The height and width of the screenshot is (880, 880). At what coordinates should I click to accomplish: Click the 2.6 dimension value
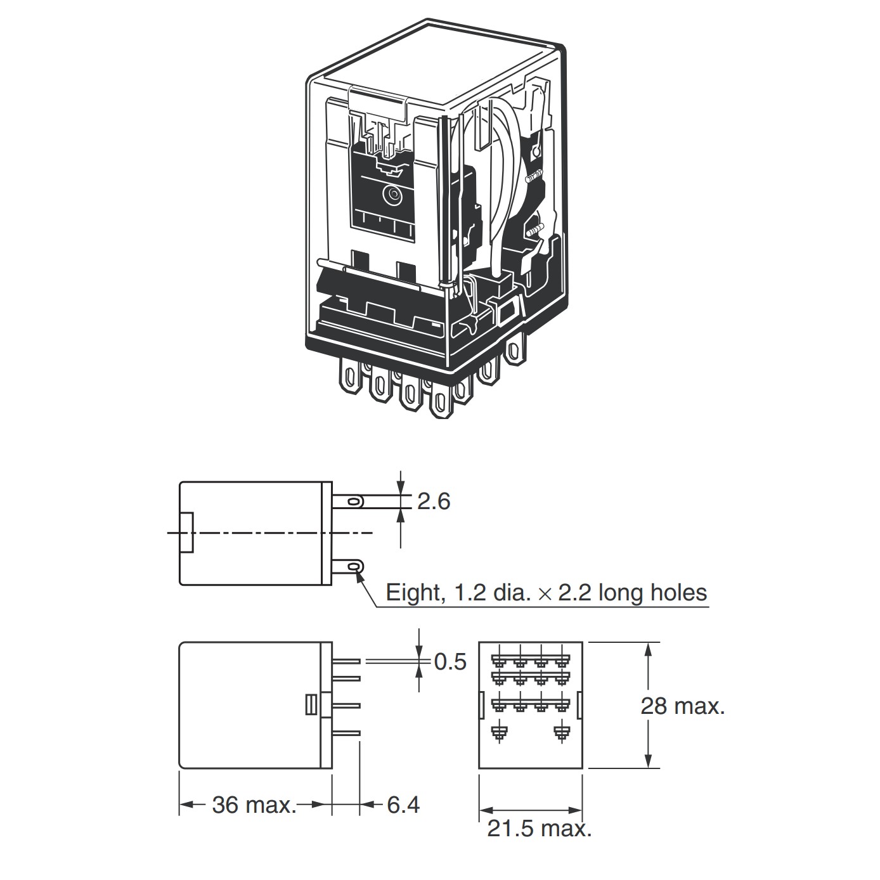pyautogui.click(x=434, y=501)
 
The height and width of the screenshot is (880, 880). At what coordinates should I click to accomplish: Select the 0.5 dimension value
pyautogui.click(x=450, y=662)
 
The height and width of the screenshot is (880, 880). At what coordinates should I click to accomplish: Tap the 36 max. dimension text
pyautogui.click(x=254, y=805)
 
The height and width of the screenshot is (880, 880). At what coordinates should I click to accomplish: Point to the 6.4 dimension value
pyautogui.click(x=403, y=805)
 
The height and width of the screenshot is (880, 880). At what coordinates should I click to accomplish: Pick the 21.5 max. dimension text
pyautogui.click(x=539, y=829)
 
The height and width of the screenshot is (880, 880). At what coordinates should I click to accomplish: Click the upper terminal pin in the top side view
pyautogui.click(x=348, y=502)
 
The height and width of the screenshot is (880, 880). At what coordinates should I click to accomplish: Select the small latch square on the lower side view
pyautogui.click(x=311, y=705)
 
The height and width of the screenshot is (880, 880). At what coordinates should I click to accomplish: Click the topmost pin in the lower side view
pyautogui.click(x=346, y=661)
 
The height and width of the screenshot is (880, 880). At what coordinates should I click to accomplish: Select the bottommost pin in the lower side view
pyautogui.click(x=346, y=734)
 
